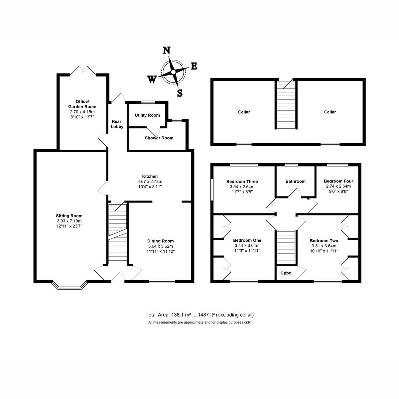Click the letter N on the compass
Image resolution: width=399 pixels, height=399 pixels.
[x=167, y=50]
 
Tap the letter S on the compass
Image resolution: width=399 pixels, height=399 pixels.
[x=180, y=93]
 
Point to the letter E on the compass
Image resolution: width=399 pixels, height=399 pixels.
[x=194, y=66]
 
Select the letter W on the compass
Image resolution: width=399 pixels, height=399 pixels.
[x=152, y=79]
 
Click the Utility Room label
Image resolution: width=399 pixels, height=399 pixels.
[x=147, y=115]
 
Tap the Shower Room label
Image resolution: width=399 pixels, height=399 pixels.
[x=159, y=138]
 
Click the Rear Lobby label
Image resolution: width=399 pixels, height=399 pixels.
[x=117, y=124]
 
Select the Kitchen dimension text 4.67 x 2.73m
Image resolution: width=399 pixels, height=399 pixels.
[x=150, y=182]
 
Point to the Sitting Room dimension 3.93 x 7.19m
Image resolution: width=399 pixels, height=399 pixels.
[x=69, y=221]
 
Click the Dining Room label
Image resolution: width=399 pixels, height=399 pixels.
[x=160, y=241]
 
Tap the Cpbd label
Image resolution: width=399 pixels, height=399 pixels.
[x=286, y=273]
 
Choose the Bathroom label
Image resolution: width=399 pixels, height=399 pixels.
[x=295, y=182]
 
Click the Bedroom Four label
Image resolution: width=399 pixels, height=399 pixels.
[x=338, y=181]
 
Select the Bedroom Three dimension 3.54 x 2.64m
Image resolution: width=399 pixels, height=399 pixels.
[x=242, y=187]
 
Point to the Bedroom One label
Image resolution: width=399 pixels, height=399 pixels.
[x=247, y=240]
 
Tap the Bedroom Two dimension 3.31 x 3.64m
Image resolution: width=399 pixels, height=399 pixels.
[x=324, y=246]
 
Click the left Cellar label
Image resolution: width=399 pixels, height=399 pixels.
[x=244, y=112]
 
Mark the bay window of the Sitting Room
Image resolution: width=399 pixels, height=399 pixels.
[x=69, y=285]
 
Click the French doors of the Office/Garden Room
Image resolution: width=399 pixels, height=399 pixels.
[x=83, y=70]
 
